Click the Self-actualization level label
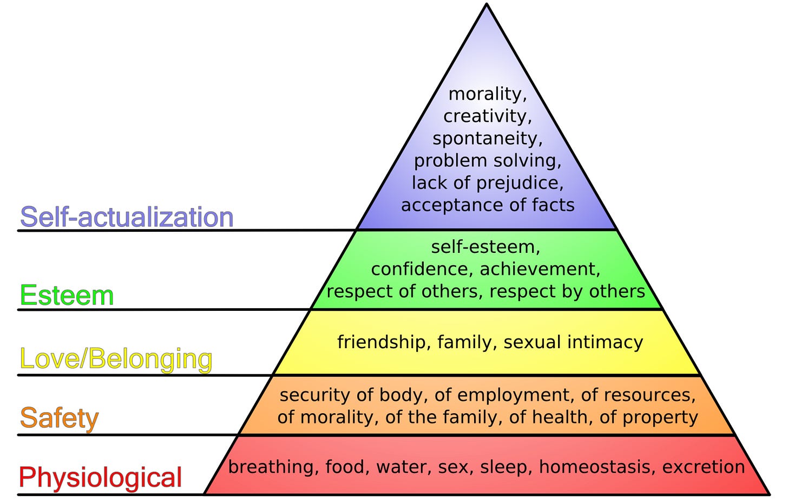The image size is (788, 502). (x=127, y=217)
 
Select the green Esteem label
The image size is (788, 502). (x=67, y=296)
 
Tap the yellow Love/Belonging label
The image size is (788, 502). (x=116, y=359)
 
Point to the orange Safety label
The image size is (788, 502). (x=59, y=418)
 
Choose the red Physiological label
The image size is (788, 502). (x=100, y=478)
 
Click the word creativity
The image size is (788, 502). (x=487, y=116)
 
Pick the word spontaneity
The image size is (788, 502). (x=487, y=139)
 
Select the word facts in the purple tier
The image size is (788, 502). (x=553, y=205)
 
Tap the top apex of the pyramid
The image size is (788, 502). (x=487, y=5)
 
